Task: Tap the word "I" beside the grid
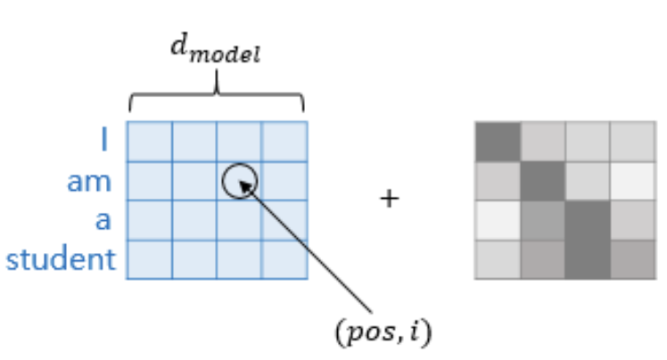[x=105, y=141]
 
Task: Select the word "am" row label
[x=89, y=182]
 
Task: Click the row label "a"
[x=103, y=220]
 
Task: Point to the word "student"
[x=61, y=260]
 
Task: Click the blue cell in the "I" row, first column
[x=149, y=141]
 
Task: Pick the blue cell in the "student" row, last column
[x=284, y=259]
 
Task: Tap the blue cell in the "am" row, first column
[x=149, y=181]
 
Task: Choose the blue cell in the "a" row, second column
[x=194, y=220]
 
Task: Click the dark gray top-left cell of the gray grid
[x=498, y=140]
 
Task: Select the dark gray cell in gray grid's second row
[x=543, y=180]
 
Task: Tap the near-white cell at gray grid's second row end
[x=633, y=180]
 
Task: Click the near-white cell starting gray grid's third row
[x=498, y=220]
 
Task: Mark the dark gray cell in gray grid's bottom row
[x=588, y=259]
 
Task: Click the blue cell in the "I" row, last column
[x=284, y=141]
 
